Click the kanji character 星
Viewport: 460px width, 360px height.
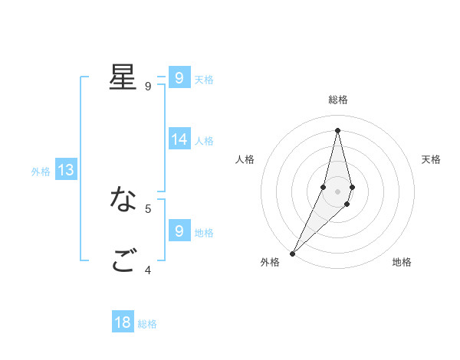click(123, 77)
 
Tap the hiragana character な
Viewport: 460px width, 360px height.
click(123, 199)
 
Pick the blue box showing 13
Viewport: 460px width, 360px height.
click(66, 170)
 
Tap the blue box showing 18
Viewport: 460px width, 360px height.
click(123, 322)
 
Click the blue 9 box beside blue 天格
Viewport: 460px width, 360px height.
click(179, 77)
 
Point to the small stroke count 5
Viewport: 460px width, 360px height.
click(148, 208)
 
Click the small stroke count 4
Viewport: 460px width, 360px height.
click(148, 269)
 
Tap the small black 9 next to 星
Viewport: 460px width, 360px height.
click(148, 86)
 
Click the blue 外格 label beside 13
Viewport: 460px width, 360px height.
click(41, 172)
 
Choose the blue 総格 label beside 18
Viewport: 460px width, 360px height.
click(147, 324)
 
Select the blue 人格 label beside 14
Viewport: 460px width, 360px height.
click(204, 141)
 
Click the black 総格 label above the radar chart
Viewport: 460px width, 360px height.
click(338, 100)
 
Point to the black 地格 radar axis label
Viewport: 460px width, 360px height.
click(402, 262)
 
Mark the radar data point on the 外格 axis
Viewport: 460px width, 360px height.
click(293, 253)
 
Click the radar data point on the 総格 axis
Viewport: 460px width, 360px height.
click(338, 130)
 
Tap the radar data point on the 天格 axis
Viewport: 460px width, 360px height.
click(352, 187)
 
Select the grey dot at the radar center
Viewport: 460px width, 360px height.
click(338, 191)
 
